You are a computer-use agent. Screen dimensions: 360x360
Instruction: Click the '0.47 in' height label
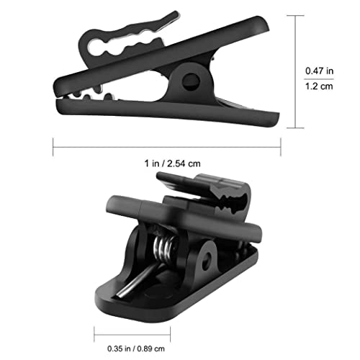(x=319, y=71)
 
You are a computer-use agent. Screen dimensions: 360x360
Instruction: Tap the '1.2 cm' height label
(x=319, y=86)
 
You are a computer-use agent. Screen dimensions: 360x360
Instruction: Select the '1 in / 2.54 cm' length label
(x=172, y=163)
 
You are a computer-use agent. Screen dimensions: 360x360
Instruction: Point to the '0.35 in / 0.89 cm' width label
(x=136, y=348)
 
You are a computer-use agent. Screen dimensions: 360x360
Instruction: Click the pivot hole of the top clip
(x=191, y=82)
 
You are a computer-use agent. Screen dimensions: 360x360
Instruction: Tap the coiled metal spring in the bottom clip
(x=165, y=250)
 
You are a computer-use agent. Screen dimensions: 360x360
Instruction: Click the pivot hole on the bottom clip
(x=207, y=261)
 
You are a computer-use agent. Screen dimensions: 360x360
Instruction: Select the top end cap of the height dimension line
(x=295, y=16)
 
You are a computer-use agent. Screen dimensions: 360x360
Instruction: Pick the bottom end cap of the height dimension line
(x=295, y=128)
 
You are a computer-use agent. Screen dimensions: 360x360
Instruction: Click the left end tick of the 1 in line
(x=53, y=147)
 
